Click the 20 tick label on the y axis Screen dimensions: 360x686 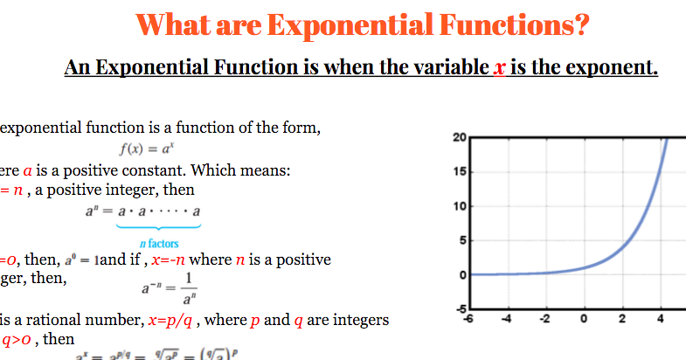tap(461, 138)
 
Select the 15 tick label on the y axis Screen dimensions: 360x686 tap(461, 172)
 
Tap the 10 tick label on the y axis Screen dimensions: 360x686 tap(461, 206)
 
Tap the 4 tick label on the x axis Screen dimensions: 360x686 tap(658, 319)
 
